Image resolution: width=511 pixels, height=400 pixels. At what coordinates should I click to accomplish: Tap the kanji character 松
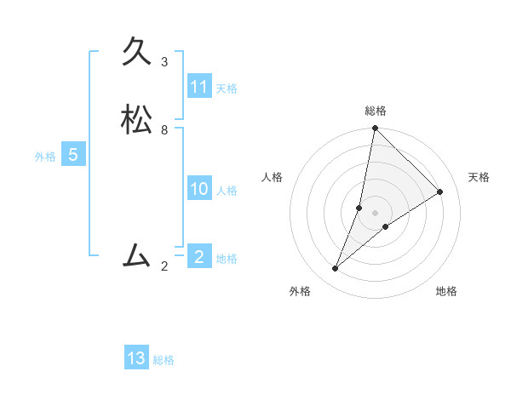(x=137, y=120)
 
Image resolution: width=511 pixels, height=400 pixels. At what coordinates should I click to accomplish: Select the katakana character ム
(x=137, y=255)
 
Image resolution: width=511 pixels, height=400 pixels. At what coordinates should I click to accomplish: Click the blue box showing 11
(x=199, y=87)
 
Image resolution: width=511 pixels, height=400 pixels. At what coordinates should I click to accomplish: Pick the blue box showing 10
(x=199, y=189)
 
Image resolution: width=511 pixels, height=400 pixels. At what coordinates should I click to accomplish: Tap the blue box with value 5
(x=73, y=155)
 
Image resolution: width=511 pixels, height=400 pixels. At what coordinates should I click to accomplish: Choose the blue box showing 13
(x=136, y=358)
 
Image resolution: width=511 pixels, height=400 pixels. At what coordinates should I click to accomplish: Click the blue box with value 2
(x=198, y=257)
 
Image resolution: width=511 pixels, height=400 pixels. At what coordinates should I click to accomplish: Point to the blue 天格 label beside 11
(x=227, y=89)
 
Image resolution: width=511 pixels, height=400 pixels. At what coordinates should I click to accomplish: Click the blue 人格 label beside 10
(x=227, y=191)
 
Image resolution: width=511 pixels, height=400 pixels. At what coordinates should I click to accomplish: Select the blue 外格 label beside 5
(x=45, y=157)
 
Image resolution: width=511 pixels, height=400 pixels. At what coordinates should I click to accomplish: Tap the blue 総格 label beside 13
(x=164, y=360)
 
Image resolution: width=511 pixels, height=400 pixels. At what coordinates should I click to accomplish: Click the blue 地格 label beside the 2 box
(x=227, y=259)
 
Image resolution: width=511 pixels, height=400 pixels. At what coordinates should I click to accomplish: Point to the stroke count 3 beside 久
(x=164, y=62)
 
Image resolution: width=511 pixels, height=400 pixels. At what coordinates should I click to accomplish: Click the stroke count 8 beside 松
(x=164, y=130)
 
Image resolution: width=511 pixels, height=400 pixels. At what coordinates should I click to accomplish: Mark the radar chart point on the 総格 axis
(x=375, y=129)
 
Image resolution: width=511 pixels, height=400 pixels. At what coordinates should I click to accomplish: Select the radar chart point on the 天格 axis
(x=440, y=191)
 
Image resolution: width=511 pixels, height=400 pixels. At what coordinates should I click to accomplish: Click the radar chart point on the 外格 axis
(x=336, y=269)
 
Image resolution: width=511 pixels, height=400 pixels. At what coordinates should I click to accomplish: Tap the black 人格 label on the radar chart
(x=273, y=177)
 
